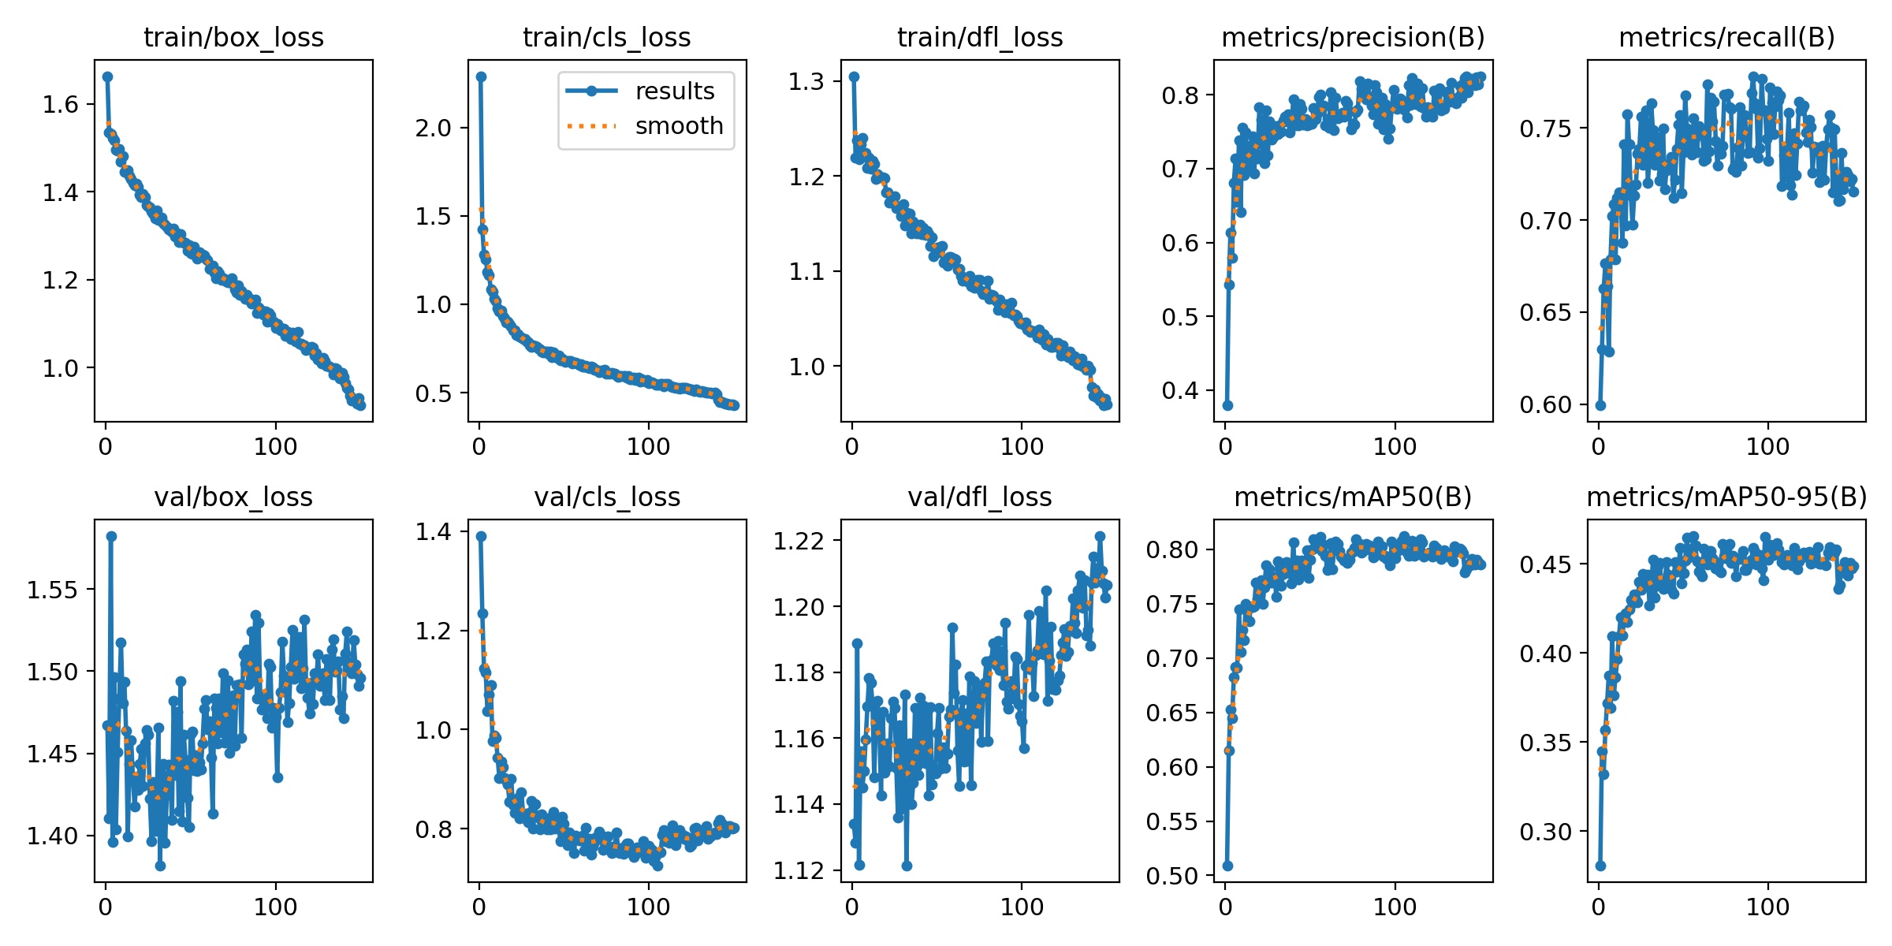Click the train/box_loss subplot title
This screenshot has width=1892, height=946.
[x=233, y=37]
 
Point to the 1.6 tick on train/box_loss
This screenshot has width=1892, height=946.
[x=61, y=104]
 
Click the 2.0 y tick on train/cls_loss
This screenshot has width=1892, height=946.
[x=434, y=128]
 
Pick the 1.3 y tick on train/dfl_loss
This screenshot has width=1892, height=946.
[x=807, y=81]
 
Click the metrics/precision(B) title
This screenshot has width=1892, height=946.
[x=1353, y=37]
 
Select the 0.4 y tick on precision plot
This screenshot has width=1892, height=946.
[x=1180, y=390]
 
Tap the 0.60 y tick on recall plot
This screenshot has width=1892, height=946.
[x=1546, y=404]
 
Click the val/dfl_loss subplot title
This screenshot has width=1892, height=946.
[x=980, y=497]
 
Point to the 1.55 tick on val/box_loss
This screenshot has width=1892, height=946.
[x=53, y=590]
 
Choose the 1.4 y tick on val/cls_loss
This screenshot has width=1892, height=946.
[x=434, y=532]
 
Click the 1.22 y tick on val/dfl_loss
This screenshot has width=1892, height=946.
[x=799, y=541]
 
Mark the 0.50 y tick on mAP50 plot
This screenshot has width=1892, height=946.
[x=1172, y=876]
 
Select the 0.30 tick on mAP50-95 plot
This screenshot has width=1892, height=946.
[x=1546, y=832]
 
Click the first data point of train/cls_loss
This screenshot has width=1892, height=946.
[x=481, y=76]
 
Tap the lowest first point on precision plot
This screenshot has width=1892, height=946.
[x=1227, y=405]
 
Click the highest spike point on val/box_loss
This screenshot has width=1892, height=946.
[x=111, y=536]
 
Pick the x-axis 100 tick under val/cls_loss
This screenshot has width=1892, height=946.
[x=648, y=907]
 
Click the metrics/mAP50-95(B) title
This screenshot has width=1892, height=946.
[x=1726, y=497]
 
